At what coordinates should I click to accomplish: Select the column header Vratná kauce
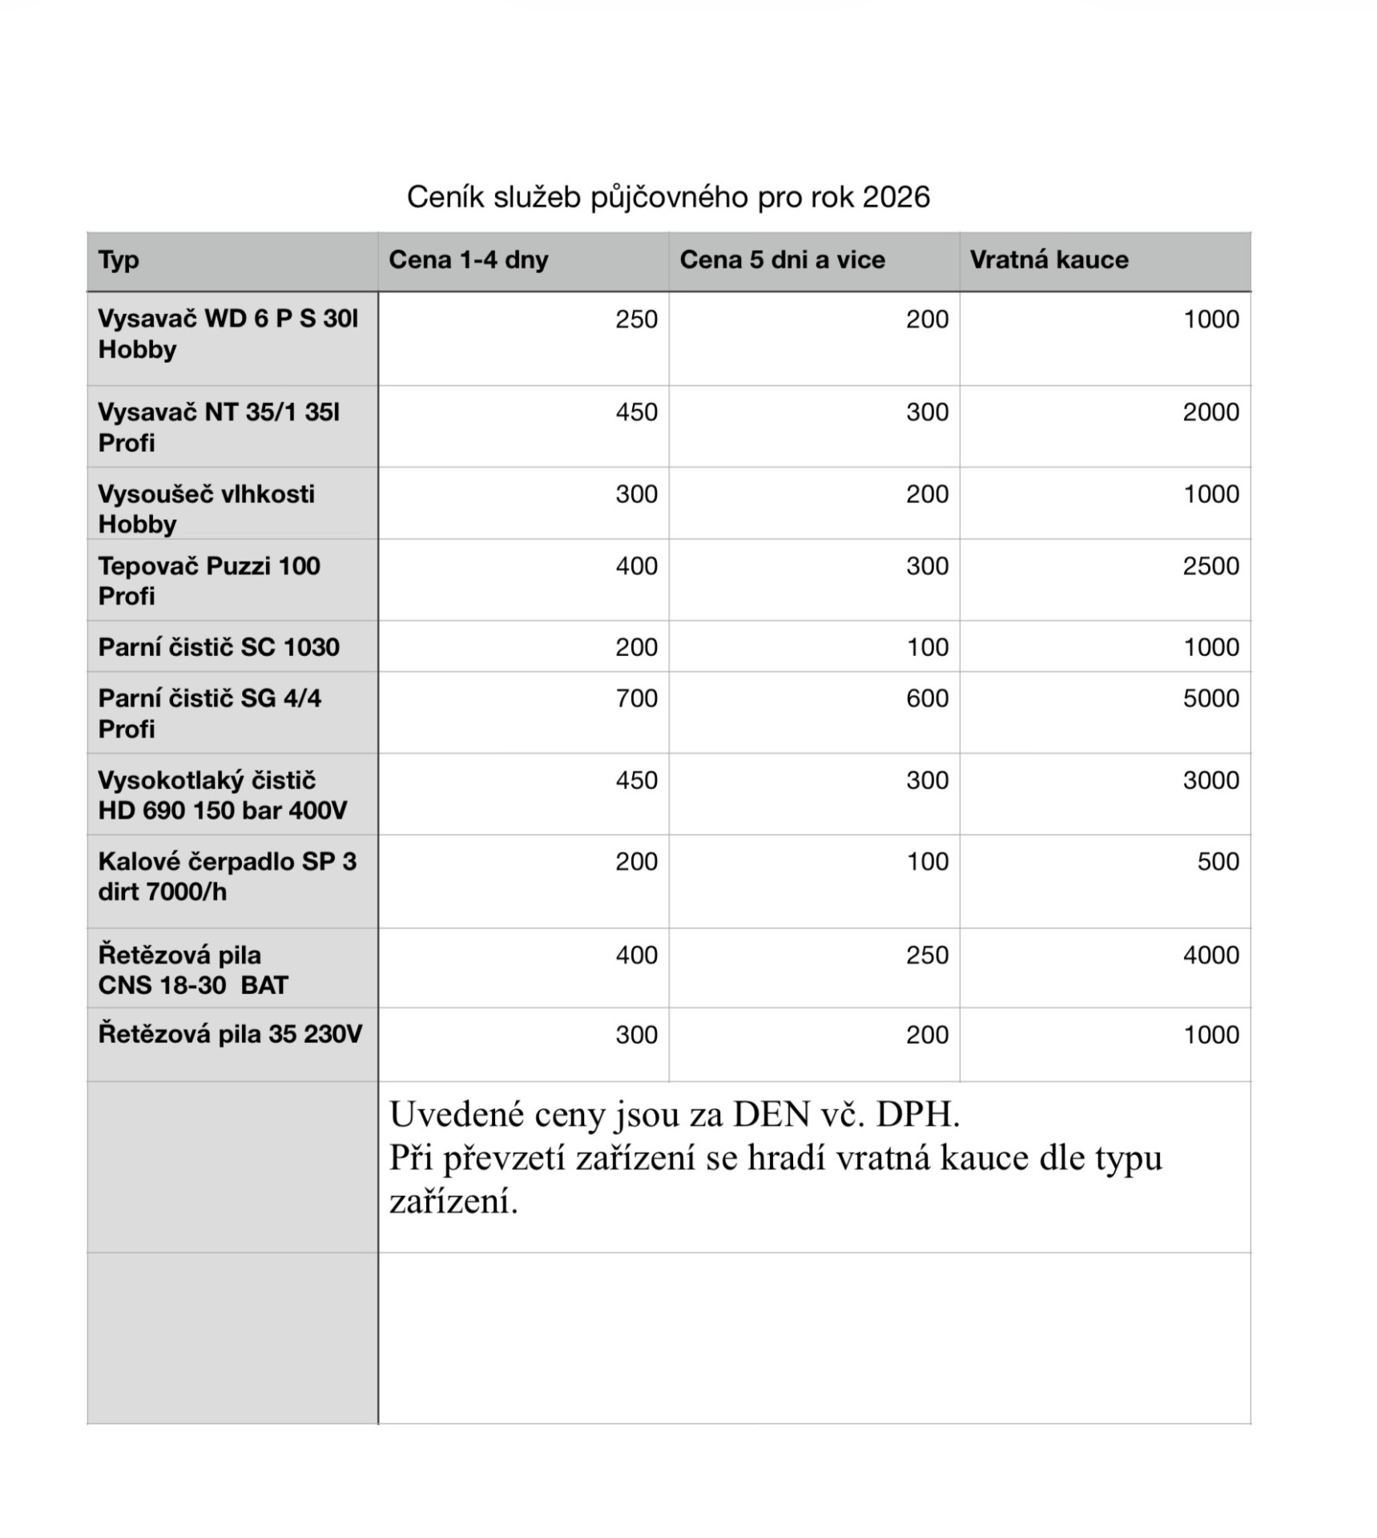pyautogui.click(x=1049, y=260)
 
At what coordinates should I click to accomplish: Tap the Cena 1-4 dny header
pyautogui.click(x=469, y=260)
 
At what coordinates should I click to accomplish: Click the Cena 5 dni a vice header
pyautogui.click(x=782, y=260)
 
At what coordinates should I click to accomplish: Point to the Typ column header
pyautogui.click(x=119, y=260)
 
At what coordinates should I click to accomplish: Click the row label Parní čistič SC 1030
pyautogui.click(x=219, y=646)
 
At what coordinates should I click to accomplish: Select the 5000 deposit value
pyautogui.click(x=1210, y=698)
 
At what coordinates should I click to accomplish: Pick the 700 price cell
pyautogui.click(x=636, y=698)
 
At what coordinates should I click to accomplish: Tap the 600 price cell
pyautogui.click(x=927, y=698)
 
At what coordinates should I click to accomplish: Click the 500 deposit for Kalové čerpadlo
pyautogui.click(x=1218, y=861)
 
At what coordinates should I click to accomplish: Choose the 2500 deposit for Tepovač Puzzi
pyautogui.click(x=1210, y=566)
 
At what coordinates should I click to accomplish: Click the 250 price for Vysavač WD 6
pyautogui.click(x=636, y=319)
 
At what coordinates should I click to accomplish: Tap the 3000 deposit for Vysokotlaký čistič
pyautogui.click(x=1210, y=779)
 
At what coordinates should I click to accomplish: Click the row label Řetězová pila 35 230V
pyautogui.click(x=230, y=1033)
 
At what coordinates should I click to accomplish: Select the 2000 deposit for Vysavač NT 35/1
pyautogui.click(x=1210, y=412)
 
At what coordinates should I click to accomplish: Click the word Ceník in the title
pyautogui.click(x=445, y=197)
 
